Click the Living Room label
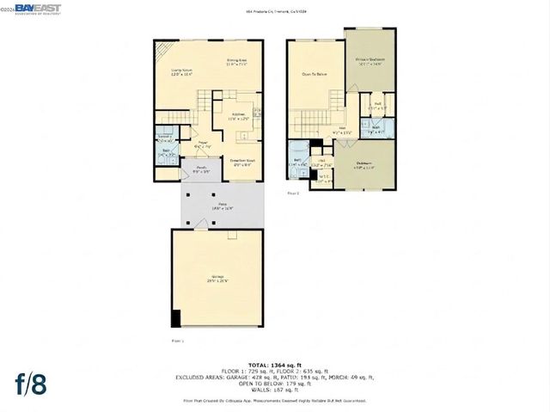point(180,73)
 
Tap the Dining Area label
point(236,62)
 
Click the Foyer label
point(203,145)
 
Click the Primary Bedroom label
point(370,62)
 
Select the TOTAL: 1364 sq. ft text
point(274,365)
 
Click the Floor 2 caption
point(294,194)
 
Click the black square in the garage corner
point(176,318)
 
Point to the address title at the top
point(274,10)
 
